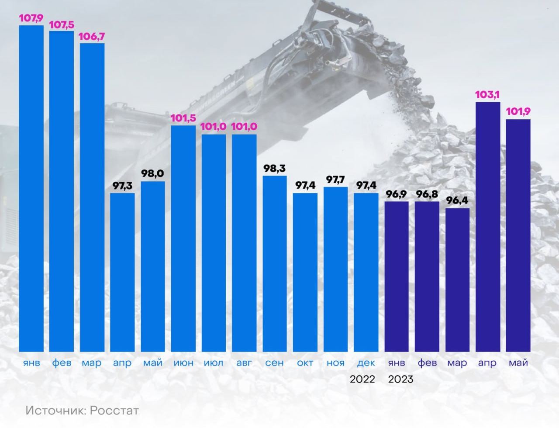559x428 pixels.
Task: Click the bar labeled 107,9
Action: pos(31,188)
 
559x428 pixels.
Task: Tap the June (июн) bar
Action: pos(183,238)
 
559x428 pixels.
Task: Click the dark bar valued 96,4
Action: pos(457,280)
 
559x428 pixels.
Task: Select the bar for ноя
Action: pos(335,269)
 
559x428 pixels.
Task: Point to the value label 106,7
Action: pos(92,37)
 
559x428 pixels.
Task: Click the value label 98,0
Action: pos(152,174)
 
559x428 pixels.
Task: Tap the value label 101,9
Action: pos(518,112)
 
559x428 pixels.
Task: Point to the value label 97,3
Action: pos(122,186)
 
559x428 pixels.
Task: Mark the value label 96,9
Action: pos(397,194)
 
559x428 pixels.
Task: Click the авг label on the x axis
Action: pos(244,363)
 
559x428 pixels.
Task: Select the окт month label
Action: pos(305,363)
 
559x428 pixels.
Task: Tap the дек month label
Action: pos(366,363)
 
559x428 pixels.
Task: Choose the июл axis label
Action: pos(214,363)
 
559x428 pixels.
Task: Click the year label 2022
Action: pos(362,379)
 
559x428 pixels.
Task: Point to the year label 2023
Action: pos(400,379)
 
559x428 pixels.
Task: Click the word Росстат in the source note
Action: pos(115,411)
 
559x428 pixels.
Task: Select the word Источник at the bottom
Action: pos(51,411)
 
